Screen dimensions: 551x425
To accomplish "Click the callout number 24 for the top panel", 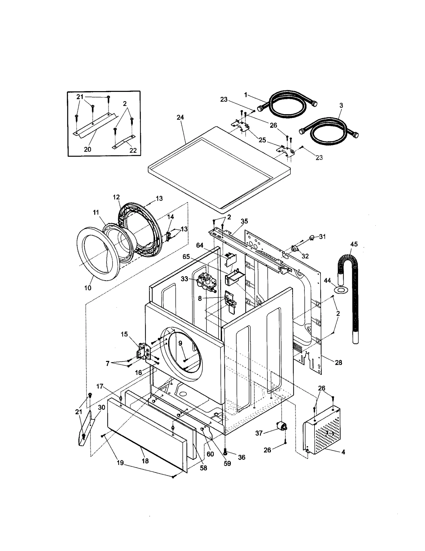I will tap(180, 117).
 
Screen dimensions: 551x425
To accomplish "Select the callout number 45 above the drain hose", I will tap(354, 244).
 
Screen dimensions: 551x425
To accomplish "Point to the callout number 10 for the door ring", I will tap(88, 288).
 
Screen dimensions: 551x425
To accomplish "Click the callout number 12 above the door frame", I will tap(116, 197).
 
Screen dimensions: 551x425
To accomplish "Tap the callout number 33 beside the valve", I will tap(184, 279).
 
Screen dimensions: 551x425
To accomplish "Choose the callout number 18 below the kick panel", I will tap(145, 461).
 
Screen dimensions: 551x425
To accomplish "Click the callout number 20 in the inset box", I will tap(87, 149).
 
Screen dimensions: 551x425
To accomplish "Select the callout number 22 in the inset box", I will tap(133, 150).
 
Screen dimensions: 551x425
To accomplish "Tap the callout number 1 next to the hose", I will tap(246, 95).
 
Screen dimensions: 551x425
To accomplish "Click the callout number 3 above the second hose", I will tap(341, 105).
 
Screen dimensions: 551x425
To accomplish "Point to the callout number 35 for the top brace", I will tap(244, 221).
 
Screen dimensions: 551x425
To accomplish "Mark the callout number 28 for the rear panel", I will tap(338, 362).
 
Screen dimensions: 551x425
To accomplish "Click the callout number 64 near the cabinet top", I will tap(199, 246).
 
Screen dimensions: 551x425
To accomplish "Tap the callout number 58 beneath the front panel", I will tap(203, 468).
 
